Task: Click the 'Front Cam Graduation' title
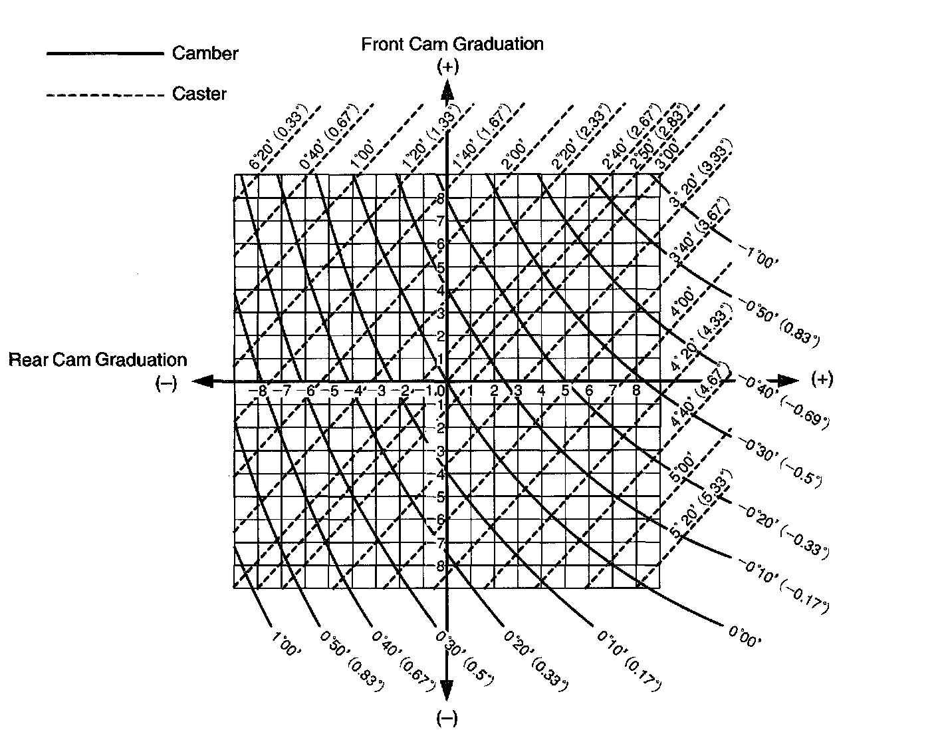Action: coord(452,44)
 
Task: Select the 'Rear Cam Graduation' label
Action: coord(98,360)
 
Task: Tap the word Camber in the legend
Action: coord(205,53)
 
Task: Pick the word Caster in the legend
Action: coord(199,94)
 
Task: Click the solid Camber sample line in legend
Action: coord(104,53)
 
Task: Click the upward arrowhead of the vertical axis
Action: coord(447,89)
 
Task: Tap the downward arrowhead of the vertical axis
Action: coord(447,692)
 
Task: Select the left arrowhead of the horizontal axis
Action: coord(203,381)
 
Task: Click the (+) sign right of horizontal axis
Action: coord(822,379)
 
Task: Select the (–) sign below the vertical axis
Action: coord(447,719)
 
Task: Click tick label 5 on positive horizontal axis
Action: coord(564,391)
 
